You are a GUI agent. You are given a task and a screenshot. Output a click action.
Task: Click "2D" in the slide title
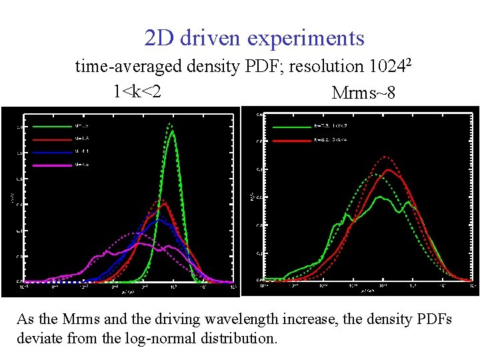pos(159,38)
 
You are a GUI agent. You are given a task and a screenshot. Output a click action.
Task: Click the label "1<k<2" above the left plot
pos(137,90)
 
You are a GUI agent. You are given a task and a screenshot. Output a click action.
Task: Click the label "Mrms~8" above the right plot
pos(363,93)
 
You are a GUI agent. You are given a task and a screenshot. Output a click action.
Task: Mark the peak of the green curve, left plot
pos(172,131)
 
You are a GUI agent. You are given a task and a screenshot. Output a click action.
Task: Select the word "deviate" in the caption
pos(39,338)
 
